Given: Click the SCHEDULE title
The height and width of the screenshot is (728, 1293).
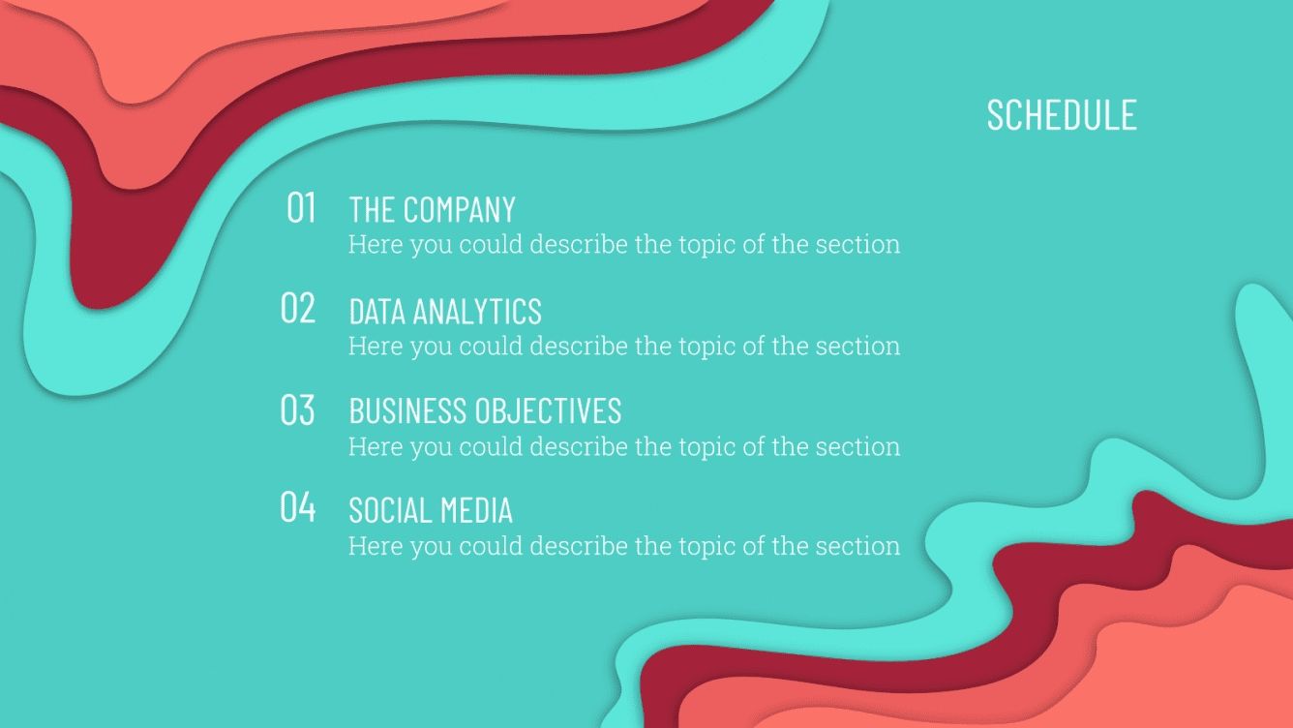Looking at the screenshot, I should coord(1061,114).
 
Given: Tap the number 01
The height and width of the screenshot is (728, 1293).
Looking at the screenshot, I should coord(301,208).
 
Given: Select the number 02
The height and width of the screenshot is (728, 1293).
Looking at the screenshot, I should coord(298,309).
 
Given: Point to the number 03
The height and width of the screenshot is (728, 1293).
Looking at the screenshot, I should coord(298,409).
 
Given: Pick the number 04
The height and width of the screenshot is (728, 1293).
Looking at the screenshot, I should coord(298,507).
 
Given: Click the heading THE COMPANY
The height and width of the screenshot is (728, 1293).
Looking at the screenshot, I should coord(432,209).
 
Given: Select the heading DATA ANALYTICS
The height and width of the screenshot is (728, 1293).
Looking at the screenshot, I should coord(444,311).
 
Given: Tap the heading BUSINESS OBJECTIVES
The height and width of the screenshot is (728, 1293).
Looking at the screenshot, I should coord(484,410).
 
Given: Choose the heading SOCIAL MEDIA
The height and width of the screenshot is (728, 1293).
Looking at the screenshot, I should coord(430,510).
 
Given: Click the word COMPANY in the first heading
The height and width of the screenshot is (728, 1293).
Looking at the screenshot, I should coord(459,209).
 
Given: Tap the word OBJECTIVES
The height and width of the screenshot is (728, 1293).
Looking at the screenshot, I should coord(548,410).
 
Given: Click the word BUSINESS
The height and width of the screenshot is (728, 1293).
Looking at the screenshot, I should coord(406,410).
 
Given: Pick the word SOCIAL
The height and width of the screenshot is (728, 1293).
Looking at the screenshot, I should coord(385,510).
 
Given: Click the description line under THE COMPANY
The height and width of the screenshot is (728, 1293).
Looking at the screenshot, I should coord(623,244).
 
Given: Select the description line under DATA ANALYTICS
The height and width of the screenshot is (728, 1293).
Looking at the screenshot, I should coord(623,346).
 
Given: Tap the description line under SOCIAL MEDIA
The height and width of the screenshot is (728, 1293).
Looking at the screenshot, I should coord(623,546).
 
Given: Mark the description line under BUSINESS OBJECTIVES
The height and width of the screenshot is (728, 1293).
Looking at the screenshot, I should coord(623,446).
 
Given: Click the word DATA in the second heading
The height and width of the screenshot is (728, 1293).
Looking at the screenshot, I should coord(376,311).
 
